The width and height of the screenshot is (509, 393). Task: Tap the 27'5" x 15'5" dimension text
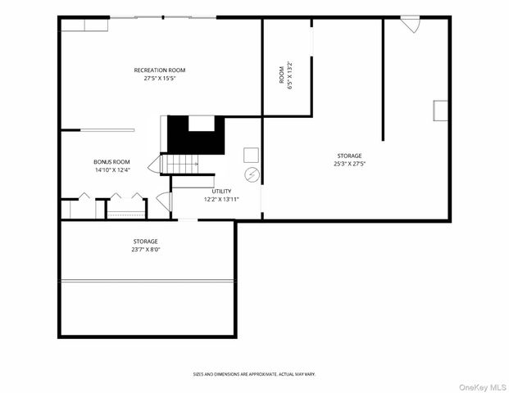coord(160,79)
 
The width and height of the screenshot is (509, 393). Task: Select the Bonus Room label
coord(111,162)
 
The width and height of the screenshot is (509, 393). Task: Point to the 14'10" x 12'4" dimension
coord(112,170)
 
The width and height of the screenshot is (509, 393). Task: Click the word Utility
coord(221,191)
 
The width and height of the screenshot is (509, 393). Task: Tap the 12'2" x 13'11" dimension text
coord(221,199)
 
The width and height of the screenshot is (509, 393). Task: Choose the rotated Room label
coord(281,75)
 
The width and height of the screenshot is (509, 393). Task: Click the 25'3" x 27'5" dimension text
coord(349,164)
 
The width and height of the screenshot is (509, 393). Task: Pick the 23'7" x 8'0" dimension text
coord(146,250)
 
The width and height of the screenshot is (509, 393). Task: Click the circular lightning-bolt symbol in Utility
coord(252,174)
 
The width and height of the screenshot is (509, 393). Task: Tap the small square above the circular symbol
coord(252,155)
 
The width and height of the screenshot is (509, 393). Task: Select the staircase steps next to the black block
coord(182,165)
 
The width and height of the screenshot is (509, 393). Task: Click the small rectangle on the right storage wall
coord(440,111)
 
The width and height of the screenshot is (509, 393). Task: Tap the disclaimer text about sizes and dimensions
coord(254,374)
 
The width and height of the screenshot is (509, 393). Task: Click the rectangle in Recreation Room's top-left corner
coord(84,25)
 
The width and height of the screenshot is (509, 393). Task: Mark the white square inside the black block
coord(201,123)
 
